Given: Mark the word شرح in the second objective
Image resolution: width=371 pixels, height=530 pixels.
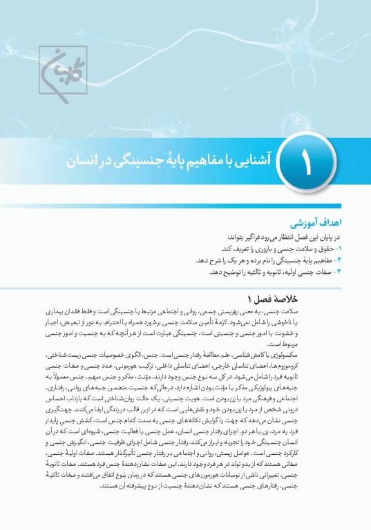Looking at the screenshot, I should pos(209,260).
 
